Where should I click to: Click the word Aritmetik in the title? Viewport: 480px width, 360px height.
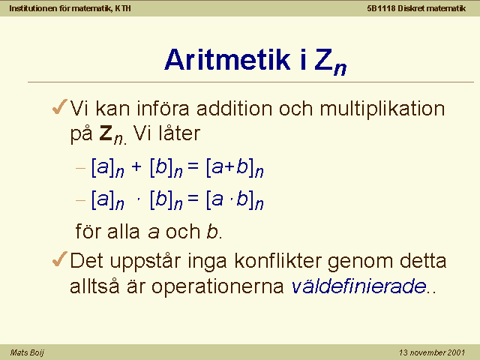pos(227,60)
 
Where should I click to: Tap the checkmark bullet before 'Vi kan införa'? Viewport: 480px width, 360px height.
pos(60,106)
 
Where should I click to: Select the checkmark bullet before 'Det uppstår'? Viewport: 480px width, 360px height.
pos(60,259)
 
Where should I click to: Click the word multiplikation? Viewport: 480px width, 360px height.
pos(382,109)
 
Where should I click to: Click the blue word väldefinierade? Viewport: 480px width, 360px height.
pos(358,286)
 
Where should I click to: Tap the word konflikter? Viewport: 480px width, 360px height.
pos(278,261)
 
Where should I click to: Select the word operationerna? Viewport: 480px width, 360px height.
pos(217,287)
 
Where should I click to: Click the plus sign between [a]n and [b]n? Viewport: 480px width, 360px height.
pos(136,166)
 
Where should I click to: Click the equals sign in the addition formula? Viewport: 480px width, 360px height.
pos(193,166)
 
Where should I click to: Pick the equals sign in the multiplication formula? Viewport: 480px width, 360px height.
pos(193,198)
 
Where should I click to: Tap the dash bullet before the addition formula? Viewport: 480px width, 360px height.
pos(80,168)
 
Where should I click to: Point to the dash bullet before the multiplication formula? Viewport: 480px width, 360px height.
pos(80,200)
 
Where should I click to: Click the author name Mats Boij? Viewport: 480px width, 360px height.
pos(27,352)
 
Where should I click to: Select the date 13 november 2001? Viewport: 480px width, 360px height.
pos(432,352)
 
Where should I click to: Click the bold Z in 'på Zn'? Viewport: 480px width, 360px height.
pos(106,133)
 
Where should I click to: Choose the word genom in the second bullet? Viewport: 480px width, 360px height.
pos(361,262)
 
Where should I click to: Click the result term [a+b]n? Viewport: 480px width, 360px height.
pos(235,167)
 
